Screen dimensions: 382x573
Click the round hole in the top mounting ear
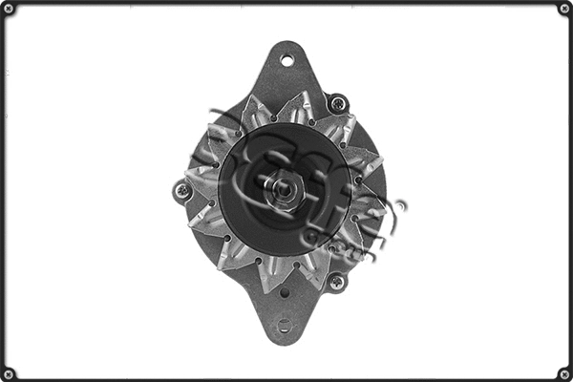point(286,60)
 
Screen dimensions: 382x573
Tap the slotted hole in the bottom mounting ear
point(284,326)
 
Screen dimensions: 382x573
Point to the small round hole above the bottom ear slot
point(284,294)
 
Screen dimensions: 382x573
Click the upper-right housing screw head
point(336,101)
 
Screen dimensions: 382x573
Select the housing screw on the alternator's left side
point(182,191)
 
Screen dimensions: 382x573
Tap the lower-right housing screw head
point(335,281)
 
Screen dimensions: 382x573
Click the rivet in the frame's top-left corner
point(9,9)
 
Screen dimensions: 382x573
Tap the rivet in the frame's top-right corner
point(563,9)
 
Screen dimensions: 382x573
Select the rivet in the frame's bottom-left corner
point(9,372)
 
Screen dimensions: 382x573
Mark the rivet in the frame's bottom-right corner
point(563,372)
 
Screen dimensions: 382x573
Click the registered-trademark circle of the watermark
point(399,206)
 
